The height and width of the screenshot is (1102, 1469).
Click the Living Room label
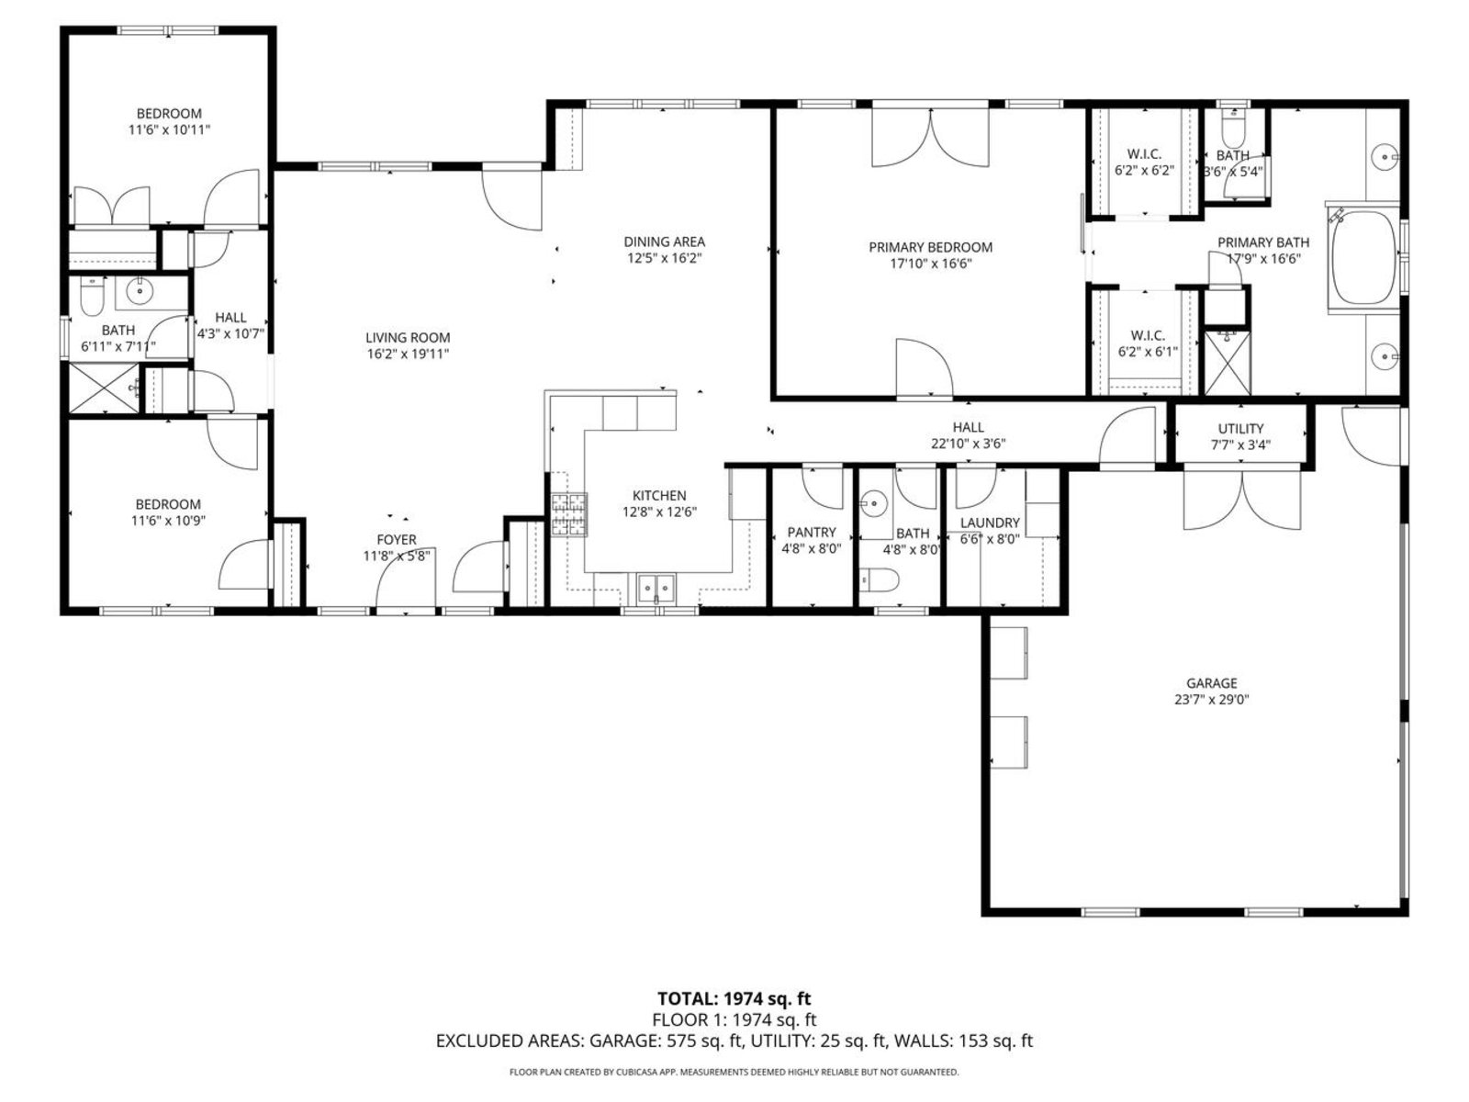point(408,338)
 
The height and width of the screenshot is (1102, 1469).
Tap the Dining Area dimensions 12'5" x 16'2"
point(664,258)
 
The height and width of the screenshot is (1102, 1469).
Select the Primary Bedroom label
point(930,247)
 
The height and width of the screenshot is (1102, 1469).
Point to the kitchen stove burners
point(569,514)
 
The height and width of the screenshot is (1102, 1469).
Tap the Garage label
point(1211,683)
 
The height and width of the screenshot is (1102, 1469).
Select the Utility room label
point(1240,429)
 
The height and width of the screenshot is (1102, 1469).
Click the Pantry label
point(811,532)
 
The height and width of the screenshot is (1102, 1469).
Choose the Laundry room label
point(990,523)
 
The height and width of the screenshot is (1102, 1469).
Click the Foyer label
point(397,539)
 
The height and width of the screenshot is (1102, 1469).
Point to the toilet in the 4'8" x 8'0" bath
point(879,580)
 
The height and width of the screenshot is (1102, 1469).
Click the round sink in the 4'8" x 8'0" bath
point(873,502)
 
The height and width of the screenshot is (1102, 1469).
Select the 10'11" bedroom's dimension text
point(169,129)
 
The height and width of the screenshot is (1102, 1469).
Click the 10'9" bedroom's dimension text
point(168,520)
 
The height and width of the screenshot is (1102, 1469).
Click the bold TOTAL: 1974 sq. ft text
point(734,998)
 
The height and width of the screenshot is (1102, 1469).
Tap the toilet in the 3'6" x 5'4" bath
point(1232,133)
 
